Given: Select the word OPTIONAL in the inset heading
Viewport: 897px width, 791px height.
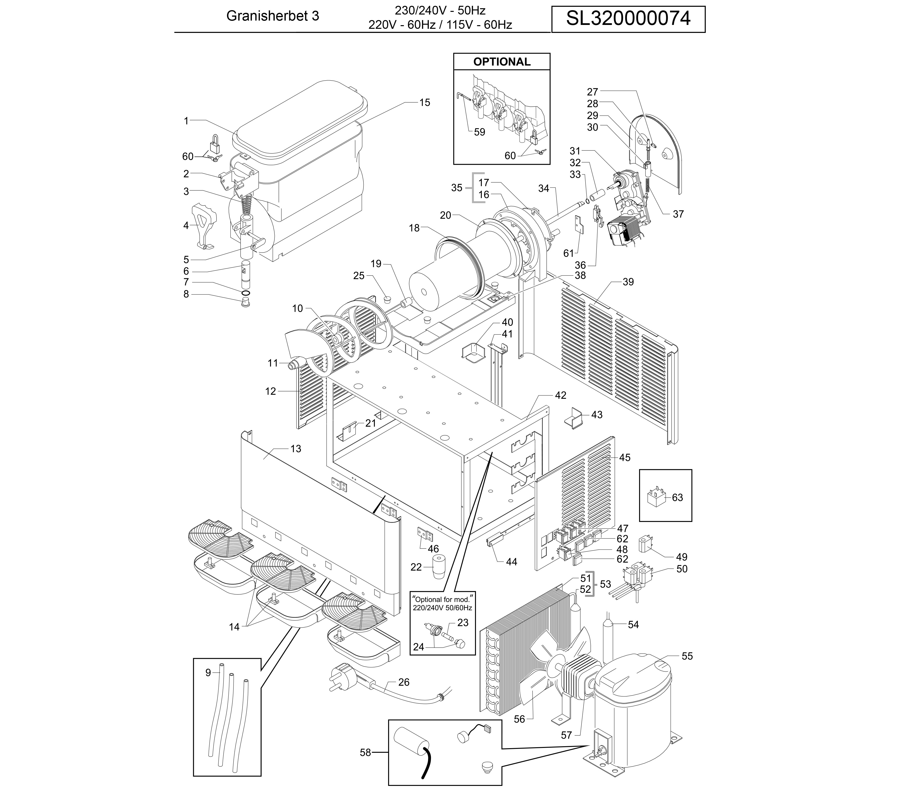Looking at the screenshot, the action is pyautogui.click(x=502, y=62).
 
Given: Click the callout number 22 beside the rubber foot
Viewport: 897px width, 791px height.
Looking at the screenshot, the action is pyautogui.click(x=416, y=567).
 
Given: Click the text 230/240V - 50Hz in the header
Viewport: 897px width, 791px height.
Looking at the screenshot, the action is pyautogui.click(x=440, y=10).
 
